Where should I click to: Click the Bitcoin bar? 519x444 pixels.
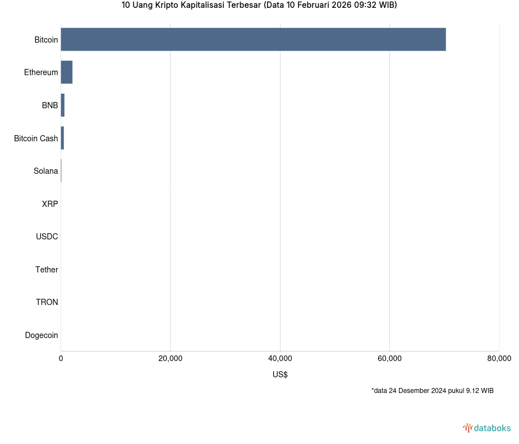[253, 39]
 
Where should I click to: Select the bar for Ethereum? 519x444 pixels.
[67, 72]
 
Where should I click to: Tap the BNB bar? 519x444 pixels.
[63, 105]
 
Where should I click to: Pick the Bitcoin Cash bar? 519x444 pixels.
[62, 138]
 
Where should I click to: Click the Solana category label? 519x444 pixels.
[45, 171]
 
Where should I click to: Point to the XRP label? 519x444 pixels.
[49, 204]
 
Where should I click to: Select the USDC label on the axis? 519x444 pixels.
[47, 237]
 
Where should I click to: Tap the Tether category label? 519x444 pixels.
[47, 270]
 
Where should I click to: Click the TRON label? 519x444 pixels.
[47, 302]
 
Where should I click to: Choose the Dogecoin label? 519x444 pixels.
[42, 335]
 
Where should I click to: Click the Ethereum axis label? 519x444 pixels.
[41, 72]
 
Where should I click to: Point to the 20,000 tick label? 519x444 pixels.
[171, 359]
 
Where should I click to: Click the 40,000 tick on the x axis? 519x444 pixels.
[280, 359]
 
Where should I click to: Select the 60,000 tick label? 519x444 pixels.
[390, 359]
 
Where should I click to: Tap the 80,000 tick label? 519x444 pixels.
[499, 359]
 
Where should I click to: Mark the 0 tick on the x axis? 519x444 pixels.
[61, 359]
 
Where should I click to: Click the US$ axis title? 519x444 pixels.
[280, 374]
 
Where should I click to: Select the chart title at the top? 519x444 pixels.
[259, 6]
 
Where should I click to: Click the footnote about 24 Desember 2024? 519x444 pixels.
[432, 391]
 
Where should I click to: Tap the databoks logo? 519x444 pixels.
[487, 428]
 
